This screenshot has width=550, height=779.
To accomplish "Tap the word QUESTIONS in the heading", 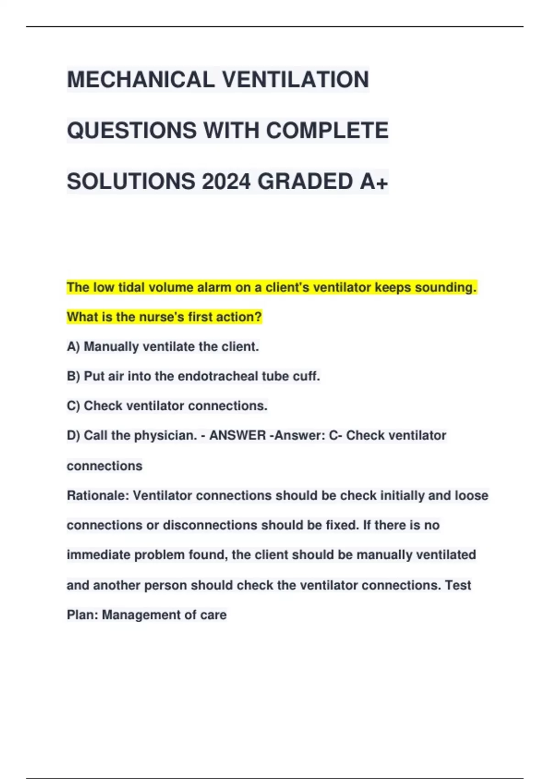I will point(132,131).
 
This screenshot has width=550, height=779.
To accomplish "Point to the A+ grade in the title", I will point(374,181).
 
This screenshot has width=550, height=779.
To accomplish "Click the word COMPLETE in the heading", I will point(327,131).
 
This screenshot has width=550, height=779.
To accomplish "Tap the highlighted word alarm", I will point(214,287).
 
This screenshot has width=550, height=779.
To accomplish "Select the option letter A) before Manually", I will point(73,346).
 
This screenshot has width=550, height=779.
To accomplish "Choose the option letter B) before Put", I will point(73,376).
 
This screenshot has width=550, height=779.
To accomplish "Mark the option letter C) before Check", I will point(73,406).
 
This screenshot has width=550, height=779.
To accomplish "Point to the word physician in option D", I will point(165,435).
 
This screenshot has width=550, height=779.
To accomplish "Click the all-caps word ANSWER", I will point(237,435).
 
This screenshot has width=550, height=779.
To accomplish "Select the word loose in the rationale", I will point(471,495).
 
